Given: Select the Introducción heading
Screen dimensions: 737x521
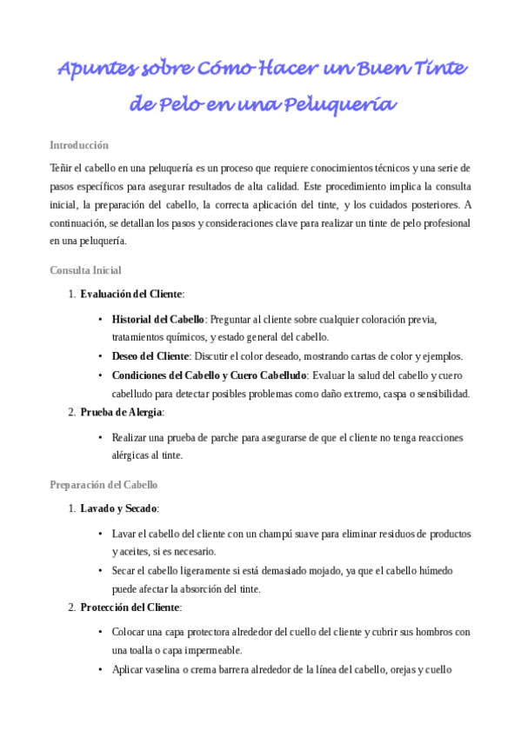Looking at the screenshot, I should pyautogui.click(x=79, y=145).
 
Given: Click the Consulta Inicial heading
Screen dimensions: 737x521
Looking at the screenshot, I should pyautogui.click(x=85, y=270).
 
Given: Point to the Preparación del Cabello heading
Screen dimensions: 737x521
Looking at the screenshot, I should pyautogui.click(x=104, y=484).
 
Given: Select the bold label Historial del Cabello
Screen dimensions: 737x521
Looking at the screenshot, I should pyautogui.click(x=158, y=319).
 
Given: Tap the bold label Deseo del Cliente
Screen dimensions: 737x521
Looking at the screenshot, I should pyautogui.click(x=150, y=356).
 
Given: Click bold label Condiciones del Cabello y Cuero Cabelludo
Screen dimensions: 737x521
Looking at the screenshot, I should pyautogui.click(x=208, y=375).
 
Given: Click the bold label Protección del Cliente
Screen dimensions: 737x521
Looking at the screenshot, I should pyautogui.click(x=129, y=607).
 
